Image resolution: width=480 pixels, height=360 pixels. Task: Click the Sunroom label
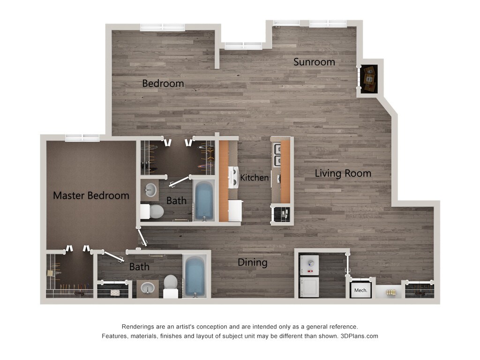pyautogui.click(x=314, y=62)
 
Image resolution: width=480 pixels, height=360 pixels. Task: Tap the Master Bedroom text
pyautogui.click(x=91, y=195)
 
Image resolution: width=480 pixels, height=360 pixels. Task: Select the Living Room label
pyautogui.click(x=343, y=173)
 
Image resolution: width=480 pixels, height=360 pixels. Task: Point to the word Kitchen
pyautogui.click(x=255, y=178)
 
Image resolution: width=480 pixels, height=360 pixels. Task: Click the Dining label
pyautogui.click(x=252, y=262)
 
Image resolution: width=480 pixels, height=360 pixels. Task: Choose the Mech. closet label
pyautogui.click(x=361, y=290)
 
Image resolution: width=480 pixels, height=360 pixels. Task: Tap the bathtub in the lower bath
pyautogui.click(x=195, y=276)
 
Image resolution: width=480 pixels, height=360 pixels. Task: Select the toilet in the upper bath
pyautogui.click(x=153, y=212)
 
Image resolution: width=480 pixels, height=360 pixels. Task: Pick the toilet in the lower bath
pyautogui.click(x=171, y=285)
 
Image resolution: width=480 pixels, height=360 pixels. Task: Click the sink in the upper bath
pyautogui.click(x=150, y=190)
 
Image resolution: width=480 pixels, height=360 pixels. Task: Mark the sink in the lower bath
pyautogui.click(x=148, y=288)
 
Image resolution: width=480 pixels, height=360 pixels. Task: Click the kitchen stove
pyautogui.click(x=233, y=178)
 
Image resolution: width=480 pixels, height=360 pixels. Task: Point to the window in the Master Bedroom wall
pyautogui.click(x=82, y=137)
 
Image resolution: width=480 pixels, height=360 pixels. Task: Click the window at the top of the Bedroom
pyautogui.click(x=162, y=27)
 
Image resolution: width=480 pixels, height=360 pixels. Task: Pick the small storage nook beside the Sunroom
pyautogui.click(x=369, y=78)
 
